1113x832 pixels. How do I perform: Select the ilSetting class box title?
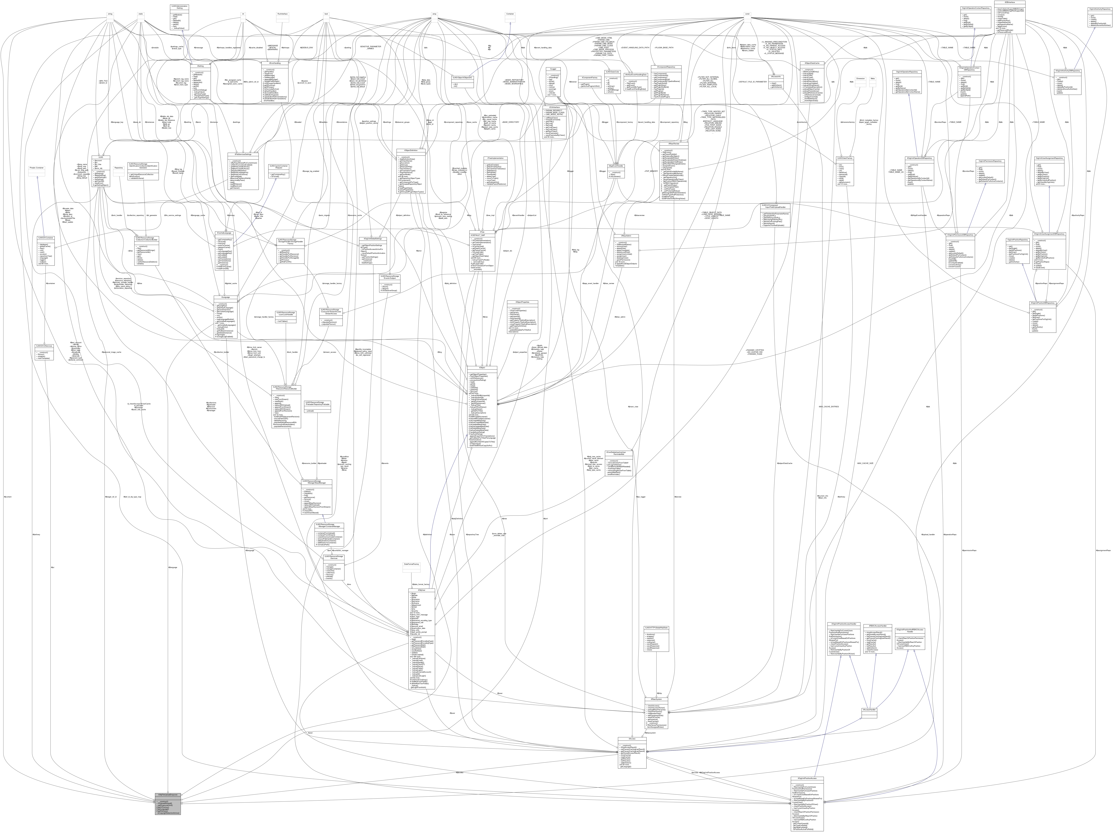tap(200, 66)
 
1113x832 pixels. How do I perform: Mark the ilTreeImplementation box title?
tap(495, 158)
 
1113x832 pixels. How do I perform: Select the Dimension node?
tap(860, 78)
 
